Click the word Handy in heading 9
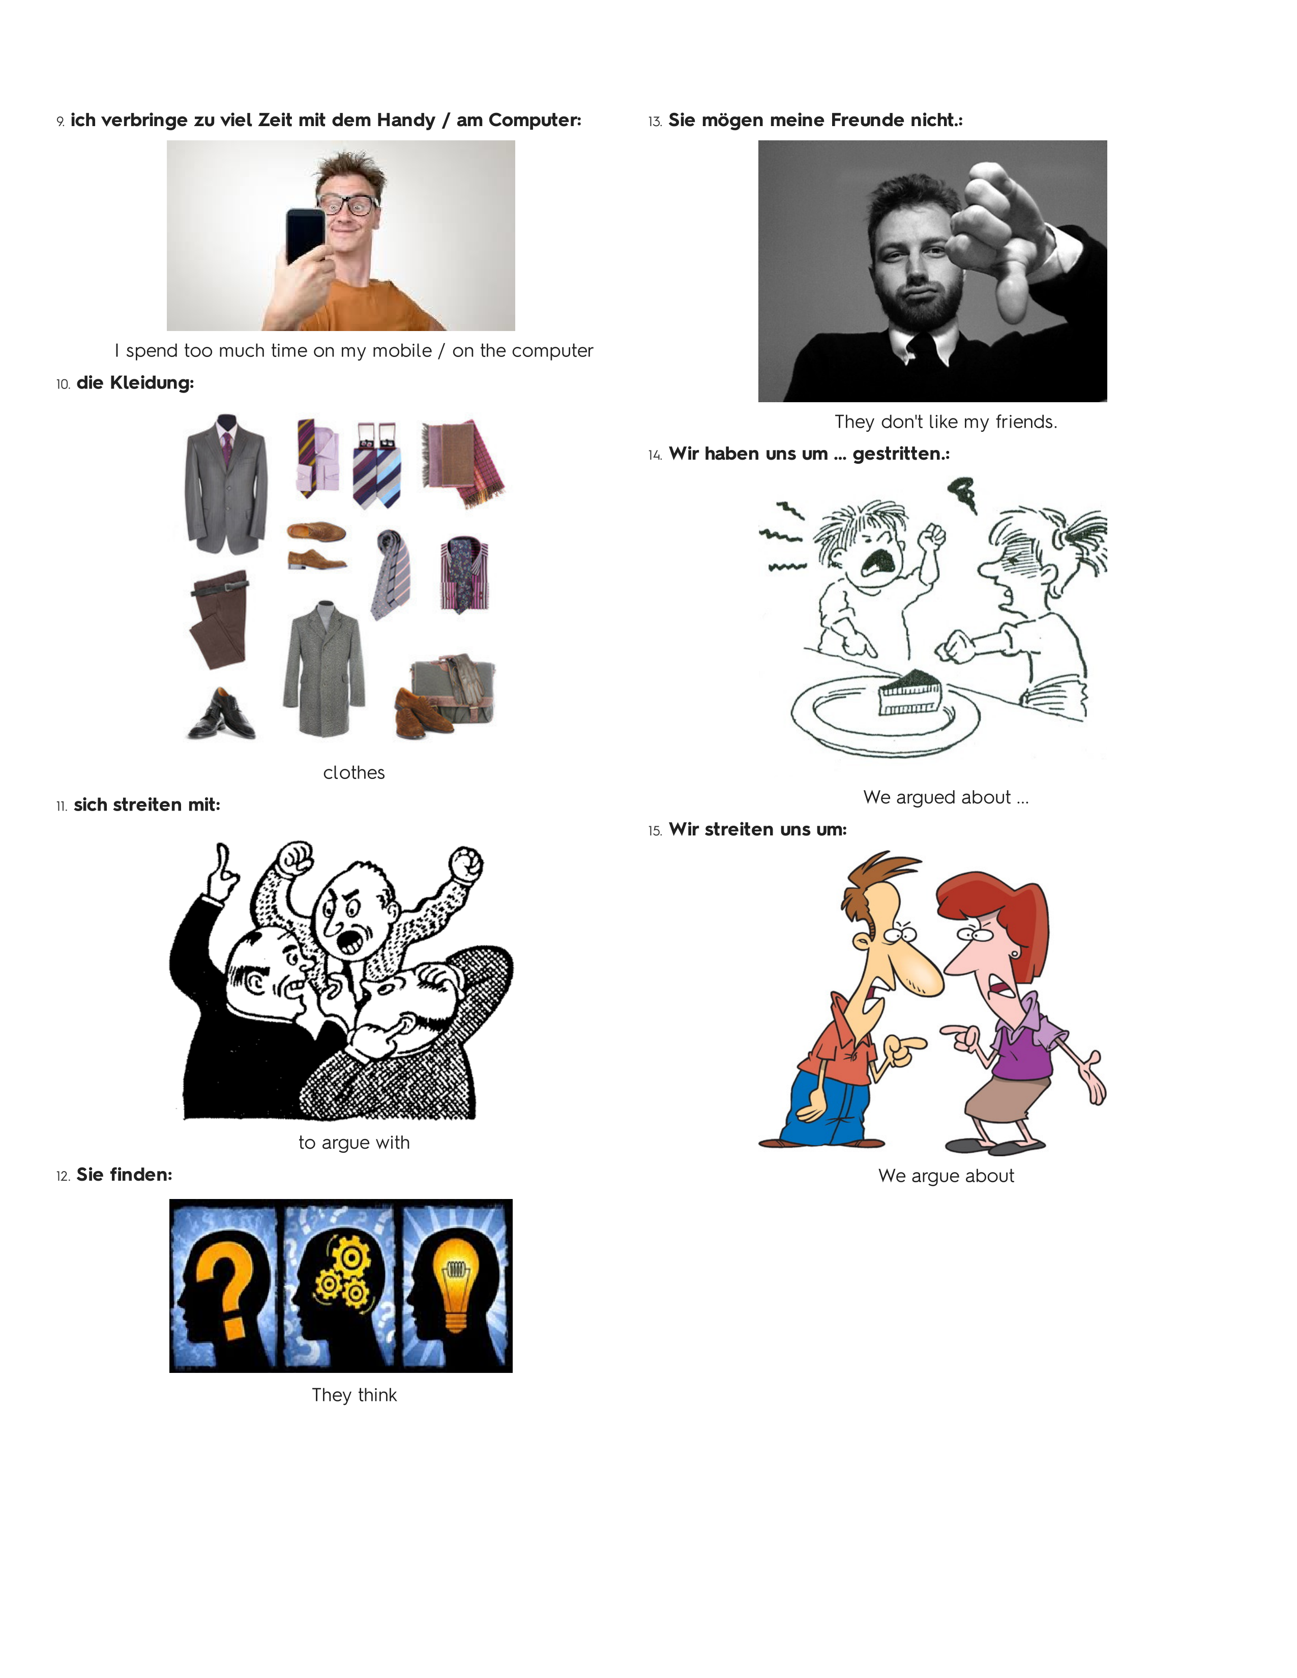pyautogui.click(x=406, y=121)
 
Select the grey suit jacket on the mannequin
pyautogui.click(x=227, y=484)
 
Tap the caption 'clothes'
pyautogui.click(x=353, y=773)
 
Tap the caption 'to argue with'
pyautogui.click(x=354, y=1143)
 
